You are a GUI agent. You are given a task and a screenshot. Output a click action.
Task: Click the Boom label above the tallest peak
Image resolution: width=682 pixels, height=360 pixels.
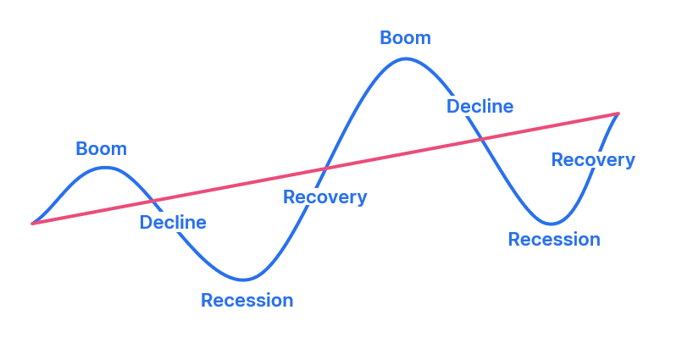405,38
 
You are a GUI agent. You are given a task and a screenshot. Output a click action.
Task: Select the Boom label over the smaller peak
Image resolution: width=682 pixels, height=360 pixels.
102,149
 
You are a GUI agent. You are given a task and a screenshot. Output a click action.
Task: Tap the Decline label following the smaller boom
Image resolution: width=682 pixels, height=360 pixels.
173,222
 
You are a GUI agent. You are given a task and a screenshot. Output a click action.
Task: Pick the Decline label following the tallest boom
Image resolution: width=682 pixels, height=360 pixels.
480,106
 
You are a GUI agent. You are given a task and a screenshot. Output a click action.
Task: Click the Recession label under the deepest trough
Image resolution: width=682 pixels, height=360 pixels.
247,301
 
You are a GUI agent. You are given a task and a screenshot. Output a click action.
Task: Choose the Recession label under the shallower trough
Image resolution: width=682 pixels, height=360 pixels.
554,240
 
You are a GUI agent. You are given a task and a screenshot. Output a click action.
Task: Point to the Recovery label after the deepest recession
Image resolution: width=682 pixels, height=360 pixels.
325,197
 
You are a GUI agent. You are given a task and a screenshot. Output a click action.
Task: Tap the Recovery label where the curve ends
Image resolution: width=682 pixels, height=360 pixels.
593,160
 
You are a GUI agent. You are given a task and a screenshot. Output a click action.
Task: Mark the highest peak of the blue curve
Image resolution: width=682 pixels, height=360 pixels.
405,58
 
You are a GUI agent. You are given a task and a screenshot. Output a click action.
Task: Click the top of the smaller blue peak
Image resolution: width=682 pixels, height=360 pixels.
105,168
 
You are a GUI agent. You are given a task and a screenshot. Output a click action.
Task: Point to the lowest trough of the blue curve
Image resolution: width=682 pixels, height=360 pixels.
243,280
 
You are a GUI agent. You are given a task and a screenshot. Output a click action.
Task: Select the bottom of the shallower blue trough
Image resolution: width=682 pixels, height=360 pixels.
551,224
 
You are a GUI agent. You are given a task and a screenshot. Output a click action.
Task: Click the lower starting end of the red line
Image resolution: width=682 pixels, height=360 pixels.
32,224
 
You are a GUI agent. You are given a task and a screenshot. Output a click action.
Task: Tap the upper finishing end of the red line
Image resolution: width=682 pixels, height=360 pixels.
618,114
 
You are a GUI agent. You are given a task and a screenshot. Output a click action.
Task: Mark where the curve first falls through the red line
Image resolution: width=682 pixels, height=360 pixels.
152,201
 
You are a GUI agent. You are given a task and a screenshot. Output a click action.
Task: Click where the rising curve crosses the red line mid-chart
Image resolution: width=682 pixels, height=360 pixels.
325,169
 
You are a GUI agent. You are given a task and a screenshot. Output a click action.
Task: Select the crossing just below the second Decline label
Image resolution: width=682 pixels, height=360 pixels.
481,139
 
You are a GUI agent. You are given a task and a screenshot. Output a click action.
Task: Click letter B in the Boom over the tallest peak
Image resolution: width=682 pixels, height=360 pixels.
385,38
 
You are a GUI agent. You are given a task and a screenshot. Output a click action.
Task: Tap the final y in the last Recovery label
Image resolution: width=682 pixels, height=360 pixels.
630,163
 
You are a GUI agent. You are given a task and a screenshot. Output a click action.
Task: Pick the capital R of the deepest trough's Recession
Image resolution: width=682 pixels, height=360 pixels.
207,301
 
